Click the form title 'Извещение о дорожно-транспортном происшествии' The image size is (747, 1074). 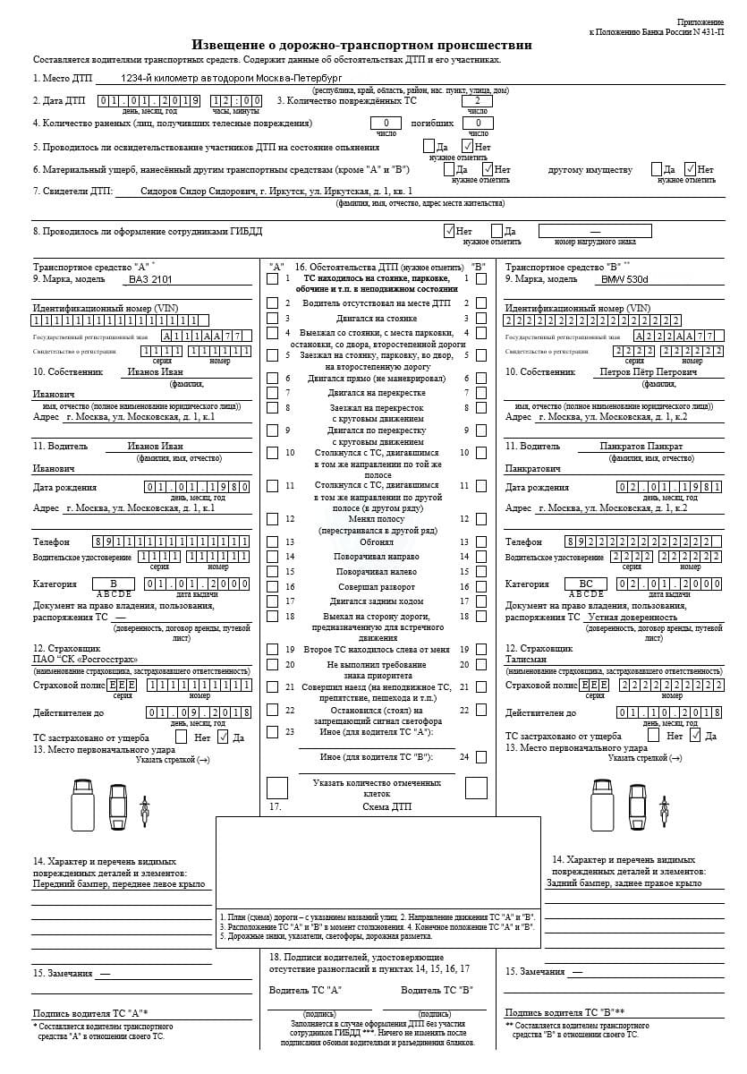coord(362,45)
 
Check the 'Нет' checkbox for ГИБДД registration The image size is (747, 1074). coord(449,231)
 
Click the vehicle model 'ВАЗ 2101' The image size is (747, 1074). coord(149,279)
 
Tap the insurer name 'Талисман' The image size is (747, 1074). coord(526,660)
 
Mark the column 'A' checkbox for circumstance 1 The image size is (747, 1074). coord(272,279)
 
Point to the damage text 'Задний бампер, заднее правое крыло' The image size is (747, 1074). coord(624,883)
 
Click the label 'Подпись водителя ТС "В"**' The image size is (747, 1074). coord(564,1013)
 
